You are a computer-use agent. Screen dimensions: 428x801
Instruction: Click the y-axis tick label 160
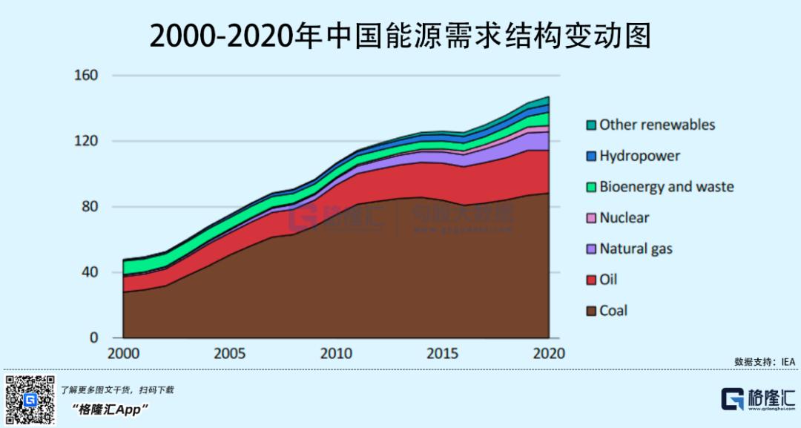pyautogui.click(x=88, y=76)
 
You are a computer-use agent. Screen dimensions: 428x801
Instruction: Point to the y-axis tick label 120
pyautogui.click(x=88, y=141)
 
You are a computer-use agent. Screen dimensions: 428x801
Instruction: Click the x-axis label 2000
pyautogui.click(x=123, y=354)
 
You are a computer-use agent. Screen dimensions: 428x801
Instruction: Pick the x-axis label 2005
pyautogui.click(x=229, y=354)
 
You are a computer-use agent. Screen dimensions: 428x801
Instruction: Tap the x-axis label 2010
pyautogui.click(x=336, y=354)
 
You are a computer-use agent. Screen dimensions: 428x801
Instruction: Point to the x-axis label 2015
pyautogui.click(x=442, y=354)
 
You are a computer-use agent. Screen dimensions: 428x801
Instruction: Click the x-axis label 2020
pyautogui.click(x=548, y=354)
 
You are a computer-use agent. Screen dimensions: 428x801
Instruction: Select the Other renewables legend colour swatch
pyautogui.click(x=591, y=125)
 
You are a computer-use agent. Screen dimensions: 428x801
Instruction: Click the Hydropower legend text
pyautogui.click(x=639, y=156)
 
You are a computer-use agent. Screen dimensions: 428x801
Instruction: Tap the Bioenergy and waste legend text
pyautogui.click(x=666, y=187)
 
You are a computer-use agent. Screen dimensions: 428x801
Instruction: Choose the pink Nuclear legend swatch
pyautogui.click(x=591, y=218)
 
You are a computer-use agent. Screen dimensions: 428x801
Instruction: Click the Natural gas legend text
pyautogui.click(x=636, y=249)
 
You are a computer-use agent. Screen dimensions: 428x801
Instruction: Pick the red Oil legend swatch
pyautogui.click(x=591, y=280)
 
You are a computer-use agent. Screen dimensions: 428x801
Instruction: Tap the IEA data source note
pyautogui.click(x=765, y=362)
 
